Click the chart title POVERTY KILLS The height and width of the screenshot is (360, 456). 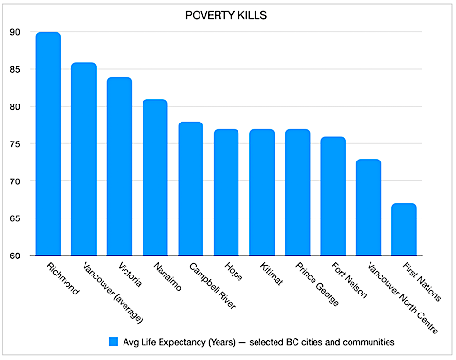tap(226, 15)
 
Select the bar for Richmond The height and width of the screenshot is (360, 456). tap(48, 143)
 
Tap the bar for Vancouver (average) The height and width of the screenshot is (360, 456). tap(84, 159)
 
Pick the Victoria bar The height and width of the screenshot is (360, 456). tap(120, 166)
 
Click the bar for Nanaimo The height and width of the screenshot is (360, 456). tap(155, 177)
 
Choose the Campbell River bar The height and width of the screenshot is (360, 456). tap(191, 188)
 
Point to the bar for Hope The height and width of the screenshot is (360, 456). tap(226, 192)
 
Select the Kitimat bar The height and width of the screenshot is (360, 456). tap(261, 192)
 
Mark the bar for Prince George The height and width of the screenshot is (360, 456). tap(297, 192)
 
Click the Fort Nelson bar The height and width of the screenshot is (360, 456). tap(332, 196)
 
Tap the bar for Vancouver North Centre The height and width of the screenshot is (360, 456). tap(369, 207)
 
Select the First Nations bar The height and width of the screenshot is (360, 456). tap(404, 229)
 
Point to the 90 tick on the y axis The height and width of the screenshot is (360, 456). tap(15, 32)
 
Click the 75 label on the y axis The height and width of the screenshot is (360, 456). tap(15, 144)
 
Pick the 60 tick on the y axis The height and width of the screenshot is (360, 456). tap(15, 256)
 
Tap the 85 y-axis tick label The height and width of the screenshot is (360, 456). tap(15, 69)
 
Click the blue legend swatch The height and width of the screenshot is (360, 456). tap(113, 342)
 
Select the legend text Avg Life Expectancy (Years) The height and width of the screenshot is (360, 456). tap(180, 342)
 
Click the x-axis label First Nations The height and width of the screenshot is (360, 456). tap(422, 282)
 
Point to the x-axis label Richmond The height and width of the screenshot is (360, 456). tap(63, 278)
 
